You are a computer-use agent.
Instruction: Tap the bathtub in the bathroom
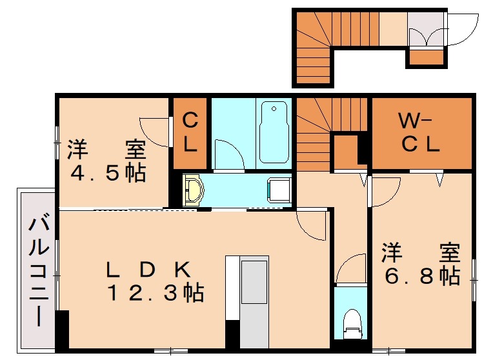[x=274, y=133]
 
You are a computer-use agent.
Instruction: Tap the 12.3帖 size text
[x=155, y=294]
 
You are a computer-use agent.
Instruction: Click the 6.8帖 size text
[x=422, y=276]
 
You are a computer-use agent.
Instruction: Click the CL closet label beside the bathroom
[x=190, y=133]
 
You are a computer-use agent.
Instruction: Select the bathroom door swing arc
[x=229, y=155]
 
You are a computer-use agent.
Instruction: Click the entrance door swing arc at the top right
[x=462, y=30]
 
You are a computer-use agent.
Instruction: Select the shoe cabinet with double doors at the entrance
[x=426, y=30]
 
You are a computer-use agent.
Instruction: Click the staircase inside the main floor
[x=325, y=123]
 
